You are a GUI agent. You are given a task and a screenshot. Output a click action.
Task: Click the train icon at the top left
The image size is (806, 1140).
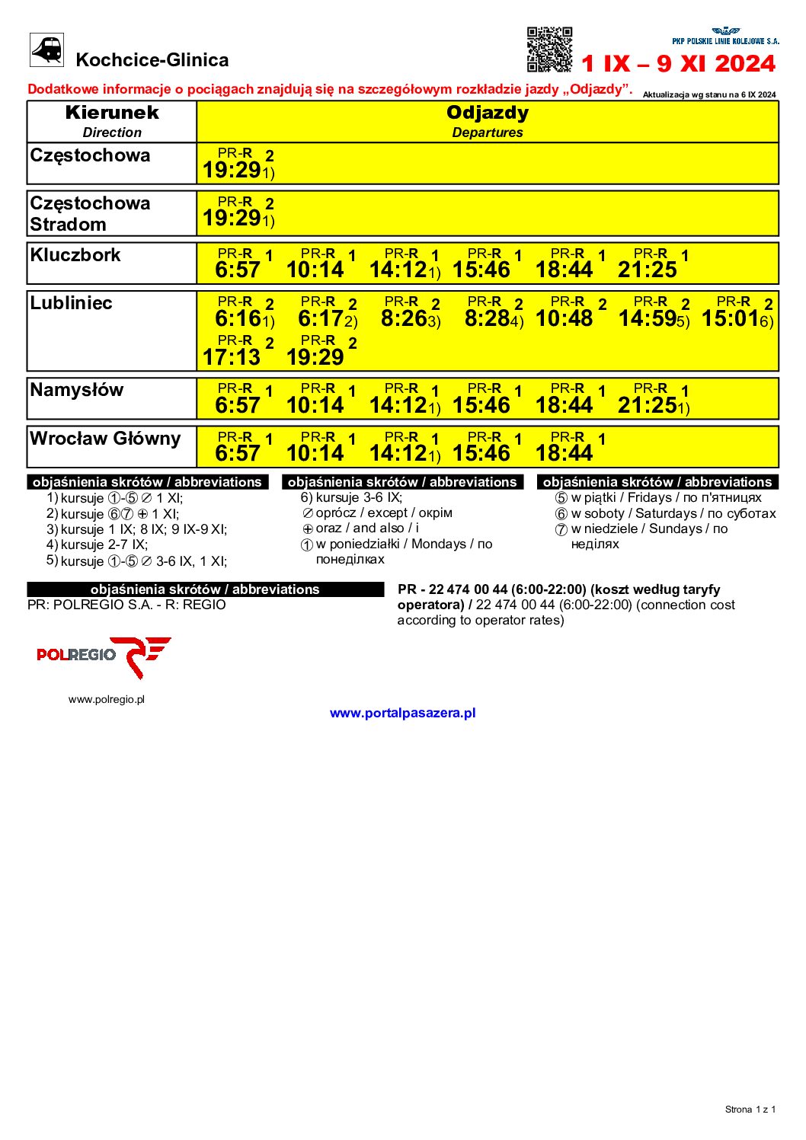pyautogui.click(x=46, y=50)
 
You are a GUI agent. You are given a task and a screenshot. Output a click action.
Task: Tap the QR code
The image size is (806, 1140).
pyautogui.click(x=549, y=49)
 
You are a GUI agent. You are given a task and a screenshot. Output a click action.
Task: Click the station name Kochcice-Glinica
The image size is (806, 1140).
pyautogui.click(x=152, y=60)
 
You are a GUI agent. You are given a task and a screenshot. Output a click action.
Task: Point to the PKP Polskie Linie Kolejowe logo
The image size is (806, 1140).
pyautogui.click(x=725, y=37)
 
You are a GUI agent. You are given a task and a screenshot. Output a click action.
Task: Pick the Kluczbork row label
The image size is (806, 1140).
pyautogui.click(x=75, y=255)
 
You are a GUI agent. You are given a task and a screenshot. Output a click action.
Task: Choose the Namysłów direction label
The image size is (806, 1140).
pyautogui.click(x=77, y=390)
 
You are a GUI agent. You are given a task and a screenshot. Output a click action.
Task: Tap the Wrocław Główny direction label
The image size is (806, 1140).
pyautogui.click(x=105, y=439)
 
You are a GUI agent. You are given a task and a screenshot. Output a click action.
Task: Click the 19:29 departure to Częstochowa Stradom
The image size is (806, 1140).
pyautogui.click(x=232, y=219)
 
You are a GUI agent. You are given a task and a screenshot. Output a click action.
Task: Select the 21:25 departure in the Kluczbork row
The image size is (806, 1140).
pyautogui.click(x=648, y=270)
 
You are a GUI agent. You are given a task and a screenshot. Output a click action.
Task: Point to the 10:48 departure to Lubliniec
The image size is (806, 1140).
pyautogui.click(x=565, y=318)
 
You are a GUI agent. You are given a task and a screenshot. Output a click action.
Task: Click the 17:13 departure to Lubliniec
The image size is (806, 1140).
pyautogui.click(x=232, y=356)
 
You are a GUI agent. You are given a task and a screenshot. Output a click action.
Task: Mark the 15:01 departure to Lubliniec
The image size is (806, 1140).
pyautogui.click(x=731, y=318)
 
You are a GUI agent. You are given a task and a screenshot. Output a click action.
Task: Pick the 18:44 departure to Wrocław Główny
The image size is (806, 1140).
pyautogui.click(x=565, y=453)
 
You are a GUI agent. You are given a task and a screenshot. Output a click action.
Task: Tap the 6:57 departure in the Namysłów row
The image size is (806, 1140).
pyautogui.click(x=238, y=405)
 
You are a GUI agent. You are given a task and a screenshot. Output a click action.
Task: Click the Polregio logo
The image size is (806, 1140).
pyautogui.click(x=104, y=656)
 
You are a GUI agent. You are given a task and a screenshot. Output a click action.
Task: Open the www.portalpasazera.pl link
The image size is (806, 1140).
pyautogui.click(x=402, y=714)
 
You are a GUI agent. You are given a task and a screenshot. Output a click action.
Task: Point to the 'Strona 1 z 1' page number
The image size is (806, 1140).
pyautogui.click(x=750, y=1110)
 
